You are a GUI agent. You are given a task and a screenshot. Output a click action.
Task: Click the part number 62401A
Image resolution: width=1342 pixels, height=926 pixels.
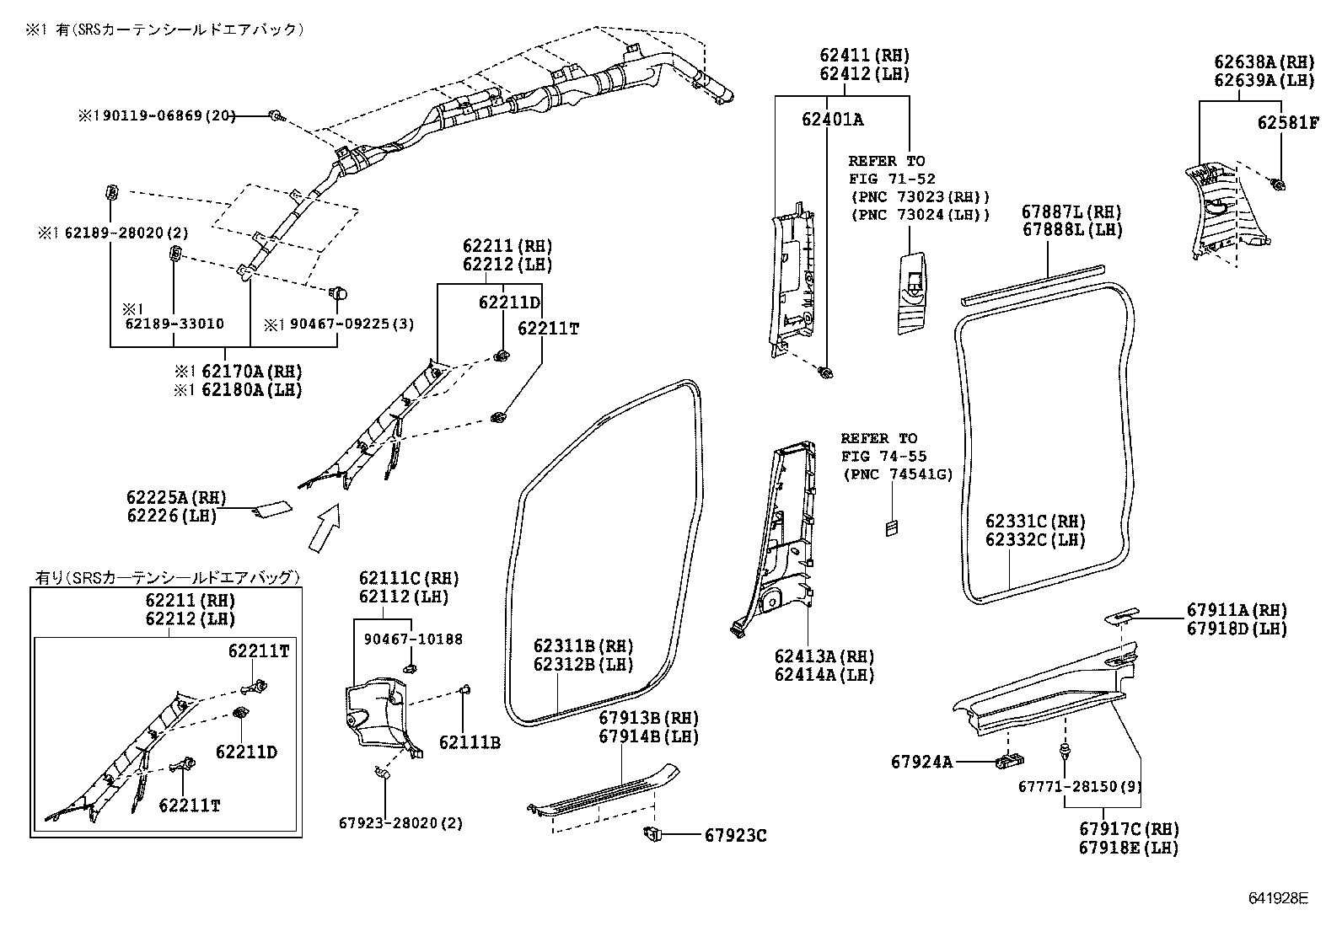832,120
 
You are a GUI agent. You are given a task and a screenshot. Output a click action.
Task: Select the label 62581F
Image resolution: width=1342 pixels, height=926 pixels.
1287,122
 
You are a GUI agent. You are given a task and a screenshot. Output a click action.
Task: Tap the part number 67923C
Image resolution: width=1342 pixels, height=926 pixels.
735,835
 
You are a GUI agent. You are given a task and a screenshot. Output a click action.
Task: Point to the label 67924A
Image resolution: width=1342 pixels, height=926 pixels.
921,762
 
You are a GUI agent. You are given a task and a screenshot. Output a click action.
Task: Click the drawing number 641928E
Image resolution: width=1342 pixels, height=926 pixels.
1277,899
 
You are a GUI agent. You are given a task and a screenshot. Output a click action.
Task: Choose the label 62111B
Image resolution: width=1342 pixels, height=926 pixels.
470,742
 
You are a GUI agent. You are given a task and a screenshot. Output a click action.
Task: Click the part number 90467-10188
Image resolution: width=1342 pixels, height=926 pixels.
413,640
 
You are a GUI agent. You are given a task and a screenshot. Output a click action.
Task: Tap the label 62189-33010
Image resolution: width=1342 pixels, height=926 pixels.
174,324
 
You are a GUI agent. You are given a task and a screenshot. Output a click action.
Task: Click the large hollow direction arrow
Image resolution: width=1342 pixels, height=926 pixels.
325,527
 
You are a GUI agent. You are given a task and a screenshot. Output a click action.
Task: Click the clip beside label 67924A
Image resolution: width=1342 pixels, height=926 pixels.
1009,761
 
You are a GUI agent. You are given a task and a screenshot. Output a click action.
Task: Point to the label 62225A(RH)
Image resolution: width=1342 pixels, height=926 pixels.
177,498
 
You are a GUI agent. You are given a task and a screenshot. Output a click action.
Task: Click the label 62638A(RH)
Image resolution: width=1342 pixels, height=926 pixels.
1264,62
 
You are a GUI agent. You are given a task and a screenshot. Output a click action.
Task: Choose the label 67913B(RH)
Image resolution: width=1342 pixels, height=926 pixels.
649,718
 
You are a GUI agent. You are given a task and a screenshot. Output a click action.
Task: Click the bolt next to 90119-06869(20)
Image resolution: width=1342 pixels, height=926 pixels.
275,115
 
